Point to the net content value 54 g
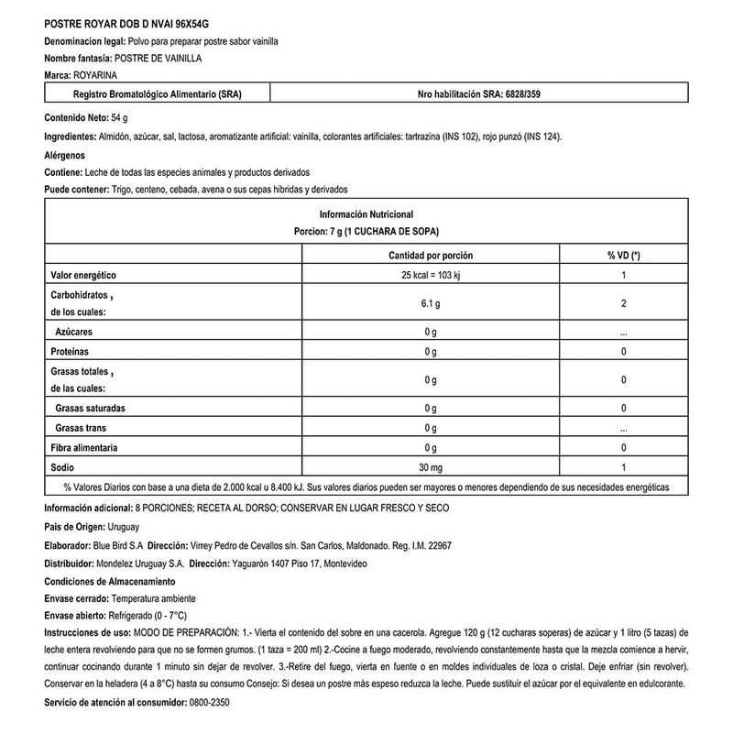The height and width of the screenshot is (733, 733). click(x=119, y=118)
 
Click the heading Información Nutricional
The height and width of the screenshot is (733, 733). click(x=366, y=213)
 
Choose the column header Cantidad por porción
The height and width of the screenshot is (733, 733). click(x=431, y=256)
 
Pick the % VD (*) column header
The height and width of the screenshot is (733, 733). click(x=622, y=256)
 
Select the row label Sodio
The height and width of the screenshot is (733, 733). click(x=62, y=468)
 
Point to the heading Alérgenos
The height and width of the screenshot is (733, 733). click(x=65, y=155)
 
